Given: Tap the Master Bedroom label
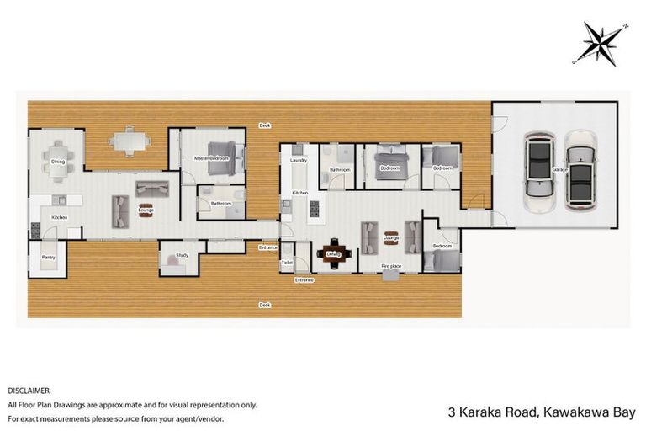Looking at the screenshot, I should tap(211, 157).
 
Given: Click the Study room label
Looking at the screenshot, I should tap(180, 255).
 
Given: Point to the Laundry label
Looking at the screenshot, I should tap(297, 159).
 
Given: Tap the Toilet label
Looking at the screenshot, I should tap(286, 262).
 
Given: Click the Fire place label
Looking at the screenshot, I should tap(390, 266).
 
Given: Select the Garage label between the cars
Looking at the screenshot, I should tap(559, 169).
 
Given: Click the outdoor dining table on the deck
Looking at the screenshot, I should tap(128, 141).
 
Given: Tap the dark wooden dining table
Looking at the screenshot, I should tap(333, 252).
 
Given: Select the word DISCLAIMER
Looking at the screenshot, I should tap(29, 391).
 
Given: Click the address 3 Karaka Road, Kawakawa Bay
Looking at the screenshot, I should tap(543, 412).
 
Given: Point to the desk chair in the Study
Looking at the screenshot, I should tap(175, 265).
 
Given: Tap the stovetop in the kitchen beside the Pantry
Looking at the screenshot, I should tap(35, 228).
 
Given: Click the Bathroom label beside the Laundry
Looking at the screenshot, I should tap(340, 170).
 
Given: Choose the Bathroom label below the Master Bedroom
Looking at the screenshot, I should tap(220, 203).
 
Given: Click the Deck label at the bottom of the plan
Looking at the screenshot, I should tap(264, 305).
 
